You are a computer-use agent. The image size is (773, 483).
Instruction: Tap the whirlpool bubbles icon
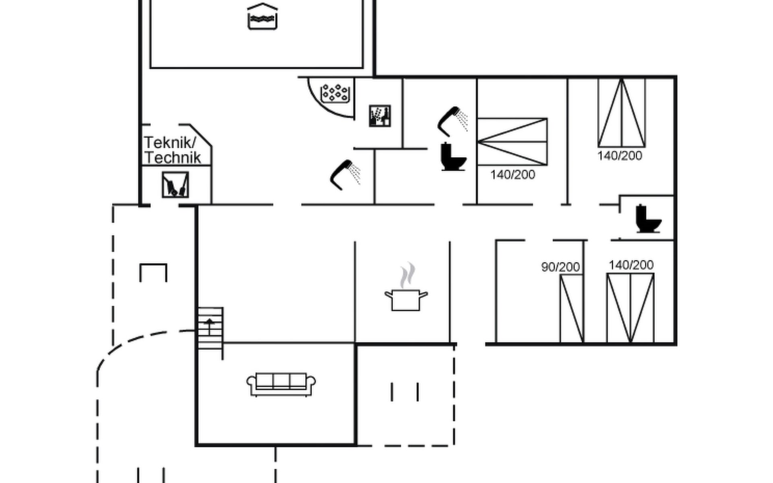(334, 93)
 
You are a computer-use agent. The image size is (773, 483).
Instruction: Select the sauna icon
(380, 116)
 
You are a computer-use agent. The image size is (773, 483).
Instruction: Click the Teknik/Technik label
(172, 150)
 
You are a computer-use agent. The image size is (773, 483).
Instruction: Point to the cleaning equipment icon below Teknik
(175, 185)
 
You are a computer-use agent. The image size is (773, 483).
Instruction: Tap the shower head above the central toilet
(453, 120)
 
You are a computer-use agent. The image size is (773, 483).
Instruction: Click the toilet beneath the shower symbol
(453, 157)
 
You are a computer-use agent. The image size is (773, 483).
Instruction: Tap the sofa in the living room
(281, 384)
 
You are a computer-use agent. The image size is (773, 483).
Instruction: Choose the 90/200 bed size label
(560, 267)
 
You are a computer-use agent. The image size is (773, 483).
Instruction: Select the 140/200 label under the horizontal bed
(513, 175)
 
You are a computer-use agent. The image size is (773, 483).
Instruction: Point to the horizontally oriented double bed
(512, 142)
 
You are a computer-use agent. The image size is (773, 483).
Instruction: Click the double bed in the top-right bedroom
(622, 113)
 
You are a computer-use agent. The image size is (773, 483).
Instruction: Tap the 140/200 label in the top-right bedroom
(620, 156)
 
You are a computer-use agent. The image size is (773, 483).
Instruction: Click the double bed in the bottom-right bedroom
(630, 308)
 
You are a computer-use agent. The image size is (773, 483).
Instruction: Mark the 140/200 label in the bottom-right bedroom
(631, 265)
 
